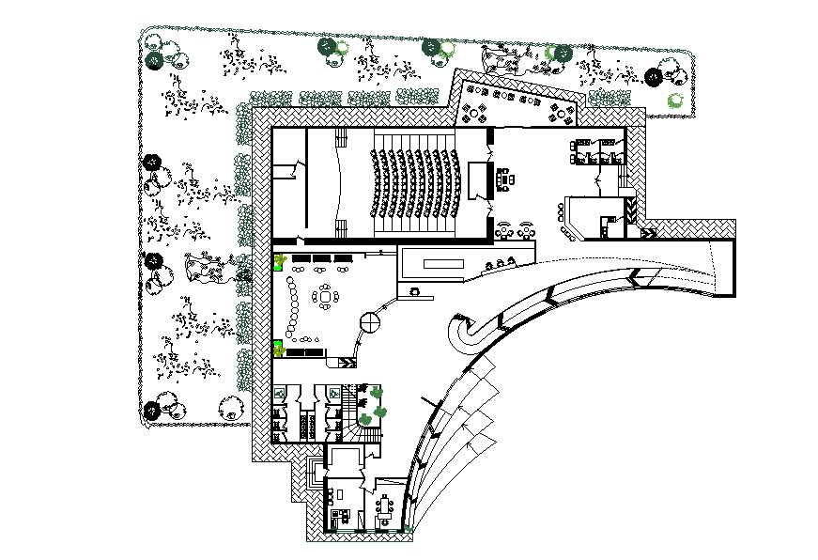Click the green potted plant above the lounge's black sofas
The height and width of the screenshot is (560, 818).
point(279,261)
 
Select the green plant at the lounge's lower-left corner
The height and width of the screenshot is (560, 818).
point(278,350)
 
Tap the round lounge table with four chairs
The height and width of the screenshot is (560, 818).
point(326,297)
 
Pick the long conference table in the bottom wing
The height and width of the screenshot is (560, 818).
point(385,507)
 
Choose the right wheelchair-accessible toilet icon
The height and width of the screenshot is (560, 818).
point(334,390)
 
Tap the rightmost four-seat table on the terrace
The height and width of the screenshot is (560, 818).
point(563,114)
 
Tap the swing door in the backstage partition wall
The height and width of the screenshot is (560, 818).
point(297,169)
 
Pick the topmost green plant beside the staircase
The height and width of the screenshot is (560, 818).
point(376,392)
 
